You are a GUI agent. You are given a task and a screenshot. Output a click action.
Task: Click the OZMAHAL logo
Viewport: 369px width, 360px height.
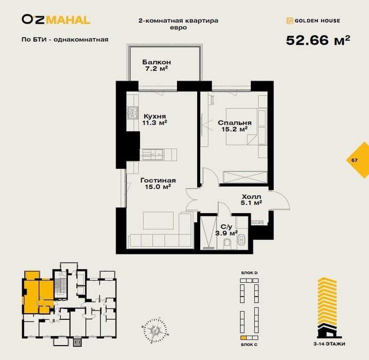click(x=56, y=20)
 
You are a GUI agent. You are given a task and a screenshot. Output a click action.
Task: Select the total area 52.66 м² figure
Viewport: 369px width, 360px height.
click(x=318, y=40)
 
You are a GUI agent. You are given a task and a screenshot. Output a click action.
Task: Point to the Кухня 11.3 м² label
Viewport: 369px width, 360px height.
click(x=155, y=119)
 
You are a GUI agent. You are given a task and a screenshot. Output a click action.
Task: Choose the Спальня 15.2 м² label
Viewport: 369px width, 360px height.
click(x=234, y=126)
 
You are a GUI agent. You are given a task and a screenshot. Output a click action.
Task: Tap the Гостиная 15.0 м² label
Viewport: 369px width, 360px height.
click(x=158, y=184)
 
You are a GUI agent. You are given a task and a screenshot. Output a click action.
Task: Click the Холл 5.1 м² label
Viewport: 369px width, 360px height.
click(x=252, y=200)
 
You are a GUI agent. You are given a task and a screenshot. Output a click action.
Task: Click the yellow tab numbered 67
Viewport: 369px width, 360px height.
click(x=355, y=160)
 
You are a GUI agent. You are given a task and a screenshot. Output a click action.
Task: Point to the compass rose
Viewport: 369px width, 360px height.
click(x=153, y=328)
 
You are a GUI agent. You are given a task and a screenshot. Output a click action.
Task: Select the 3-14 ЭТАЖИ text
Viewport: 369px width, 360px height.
click(x=331, y=343)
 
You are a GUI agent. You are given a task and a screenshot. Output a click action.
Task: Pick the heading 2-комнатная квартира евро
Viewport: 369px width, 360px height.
click(x=178, y=24)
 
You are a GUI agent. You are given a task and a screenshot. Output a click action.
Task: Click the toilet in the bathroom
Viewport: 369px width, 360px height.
click(x=227, y=243)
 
